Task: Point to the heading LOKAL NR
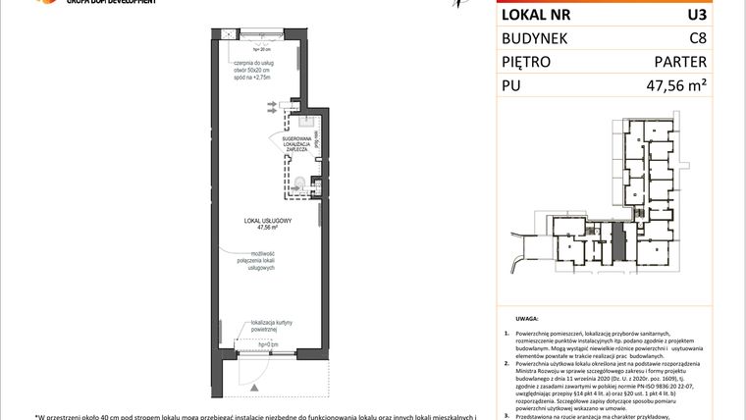(538, 15)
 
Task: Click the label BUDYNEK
(538, 38)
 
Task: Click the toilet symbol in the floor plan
(301, 185)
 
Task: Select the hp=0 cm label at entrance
(268, 344)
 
